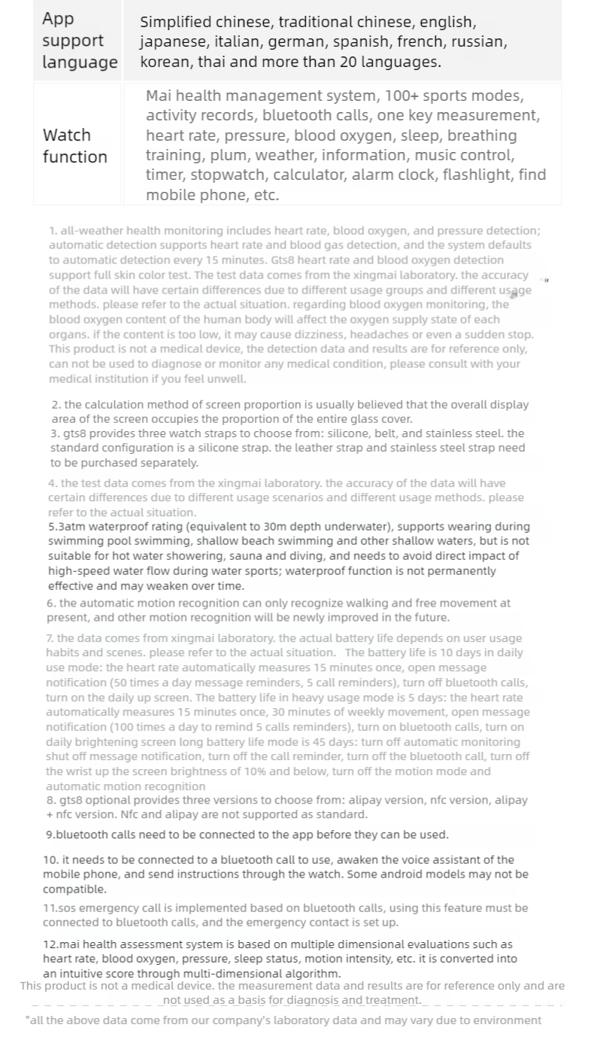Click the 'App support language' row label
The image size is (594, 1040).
tap(79, 41)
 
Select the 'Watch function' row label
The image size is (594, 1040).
tap(74, 146)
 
